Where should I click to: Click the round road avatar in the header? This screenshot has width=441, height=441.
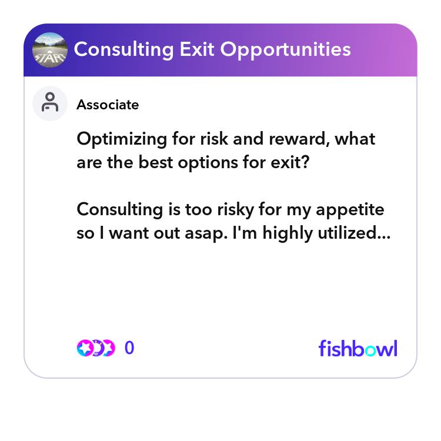pos(50,50)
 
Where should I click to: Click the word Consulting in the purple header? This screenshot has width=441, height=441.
pos(123,49)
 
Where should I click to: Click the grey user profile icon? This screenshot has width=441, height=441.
pos(50,103)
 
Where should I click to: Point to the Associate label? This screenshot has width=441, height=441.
pos(108,105)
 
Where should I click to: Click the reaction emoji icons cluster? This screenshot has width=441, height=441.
pos(96,348)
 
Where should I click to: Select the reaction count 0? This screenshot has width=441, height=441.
pos(129,348)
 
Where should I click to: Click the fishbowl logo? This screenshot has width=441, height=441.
pos(358,348)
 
